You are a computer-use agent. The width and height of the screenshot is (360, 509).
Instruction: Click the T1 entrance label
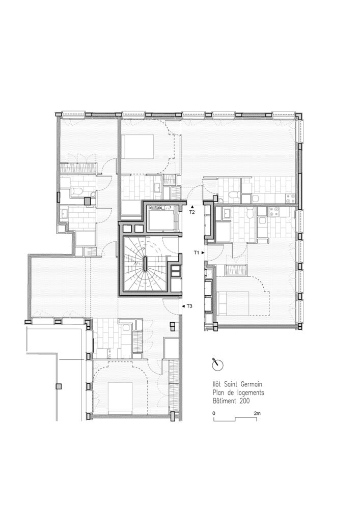click(196, 252)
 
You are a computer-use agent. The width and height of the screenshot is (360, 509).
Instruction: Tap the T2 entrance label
click(192, 212)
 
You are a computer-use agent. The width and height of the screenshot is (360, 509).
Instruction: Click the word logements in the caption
click(249, 393)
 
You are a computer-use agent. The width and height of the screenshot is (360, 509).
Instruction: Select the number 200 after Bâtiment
click(245, 401)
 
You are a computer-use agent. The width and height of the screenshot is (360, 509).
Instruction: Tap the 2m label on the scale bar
click(257, 413)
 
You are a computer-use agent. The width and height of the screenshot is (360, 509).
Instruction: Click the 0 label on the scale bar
click(214, 413)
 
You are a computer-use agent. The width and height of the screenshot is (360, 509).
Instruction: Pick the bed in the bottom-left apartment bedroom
click(120, 398)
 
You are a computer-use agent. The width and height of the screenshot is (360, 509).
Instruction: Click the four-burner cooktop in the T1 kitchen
click(274, 212)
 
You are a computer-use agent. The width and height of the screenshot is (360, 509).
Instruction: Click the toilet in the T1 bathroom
click(250, 214)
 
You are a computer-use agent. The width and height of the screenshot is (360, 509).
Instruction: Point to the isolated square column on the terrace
click(59, 386)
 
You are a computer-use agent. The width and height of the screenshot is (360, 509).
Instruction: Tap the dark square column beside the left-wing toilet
click(88, 201)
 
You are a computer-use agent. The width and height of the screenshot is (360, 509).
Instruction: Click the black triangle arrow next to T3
click(183, 306)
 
